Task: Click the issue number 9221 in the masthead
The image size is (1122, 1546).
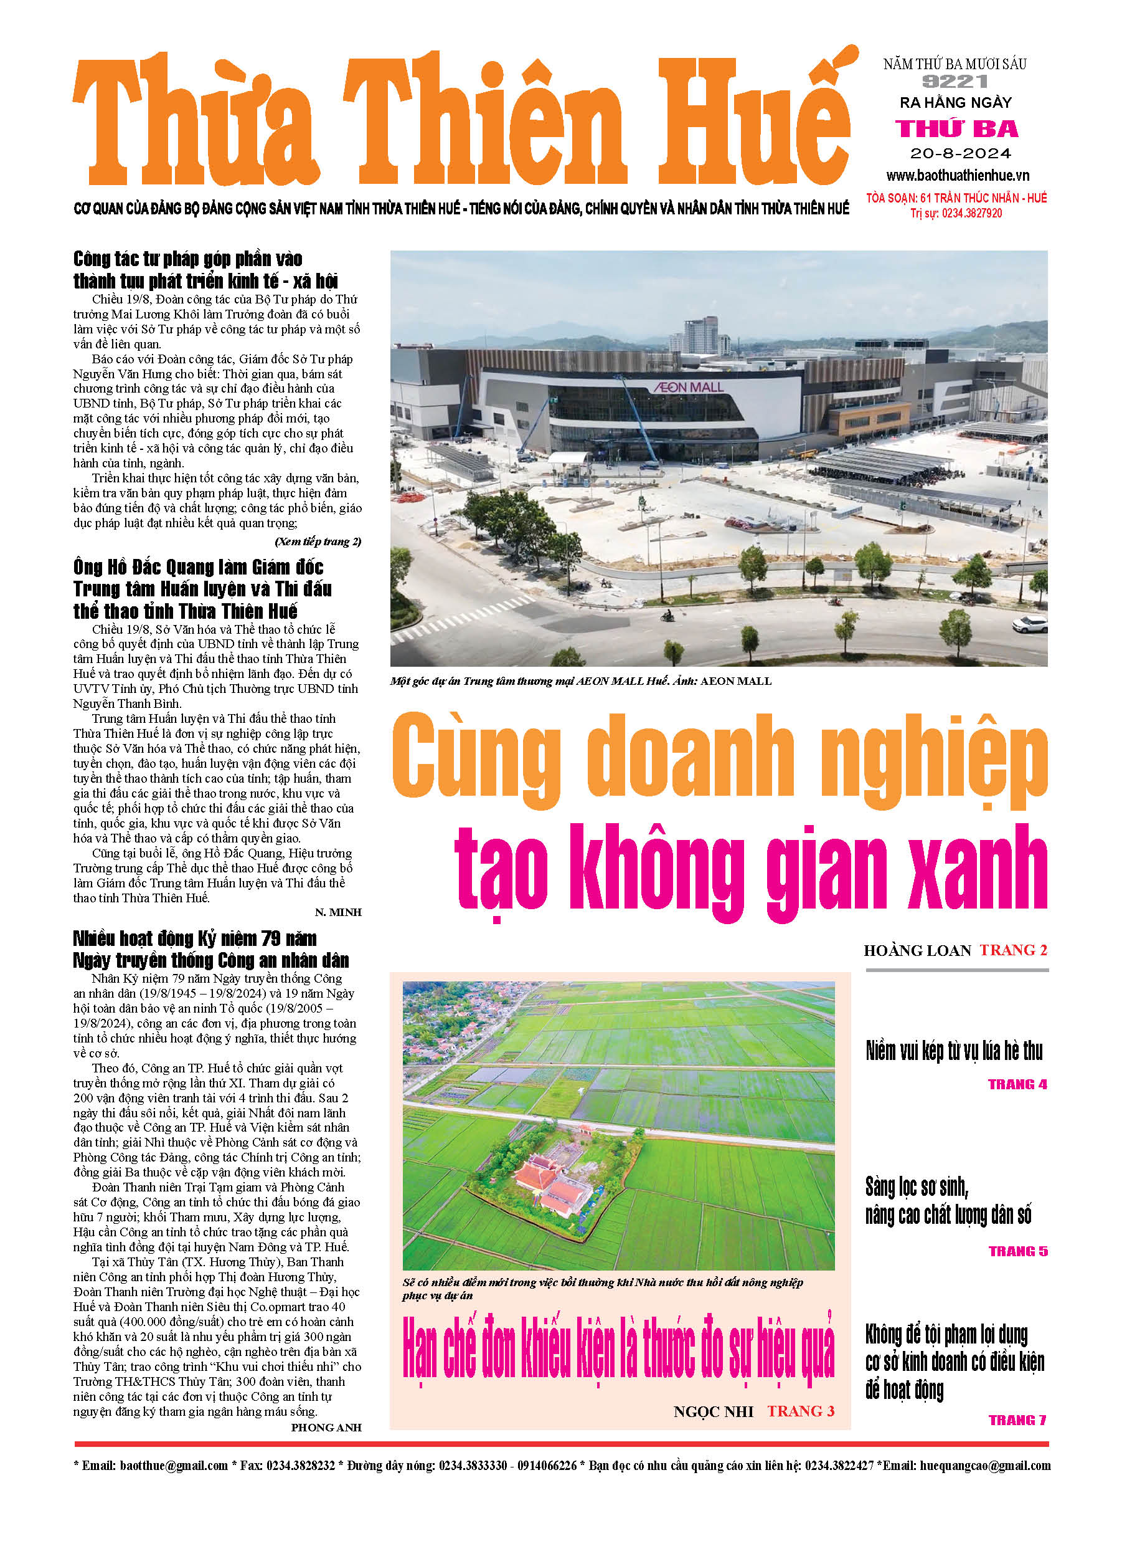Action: (x=955, y=82)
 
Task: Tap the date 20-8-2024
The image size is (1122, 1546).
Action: (x=960, y=153)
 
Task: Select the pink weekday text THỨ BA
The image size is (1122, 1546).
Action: (x=956, y=128)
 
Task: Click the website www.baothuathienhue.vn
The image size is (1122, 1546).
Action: (x=957, y=175)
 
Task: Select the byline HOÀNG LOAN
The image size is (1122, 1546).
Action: (x=917, y=950)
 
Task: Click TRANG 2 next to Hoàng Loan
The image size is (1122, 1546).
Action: (x=1013, y=950)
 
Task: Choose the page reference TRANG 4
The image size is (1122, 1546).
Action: (x=1017, y=1084)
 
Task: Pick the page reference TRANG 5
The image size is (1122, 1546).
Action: (x=1018, y=1251)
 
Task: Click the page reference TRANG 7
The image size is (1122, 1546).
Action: (x=1017, y=1420)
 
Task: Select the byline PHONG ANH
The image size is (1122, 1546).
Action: (x=326, y=1428)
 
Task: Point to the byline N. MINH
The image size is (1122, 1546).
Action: (x=338, y=912)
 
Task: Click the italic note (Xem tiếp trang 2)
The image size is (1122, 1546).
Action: (x=318, y=542)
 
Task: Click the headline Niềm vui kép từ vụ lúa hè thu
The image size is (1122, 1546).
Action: (x=954, y=1051)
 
